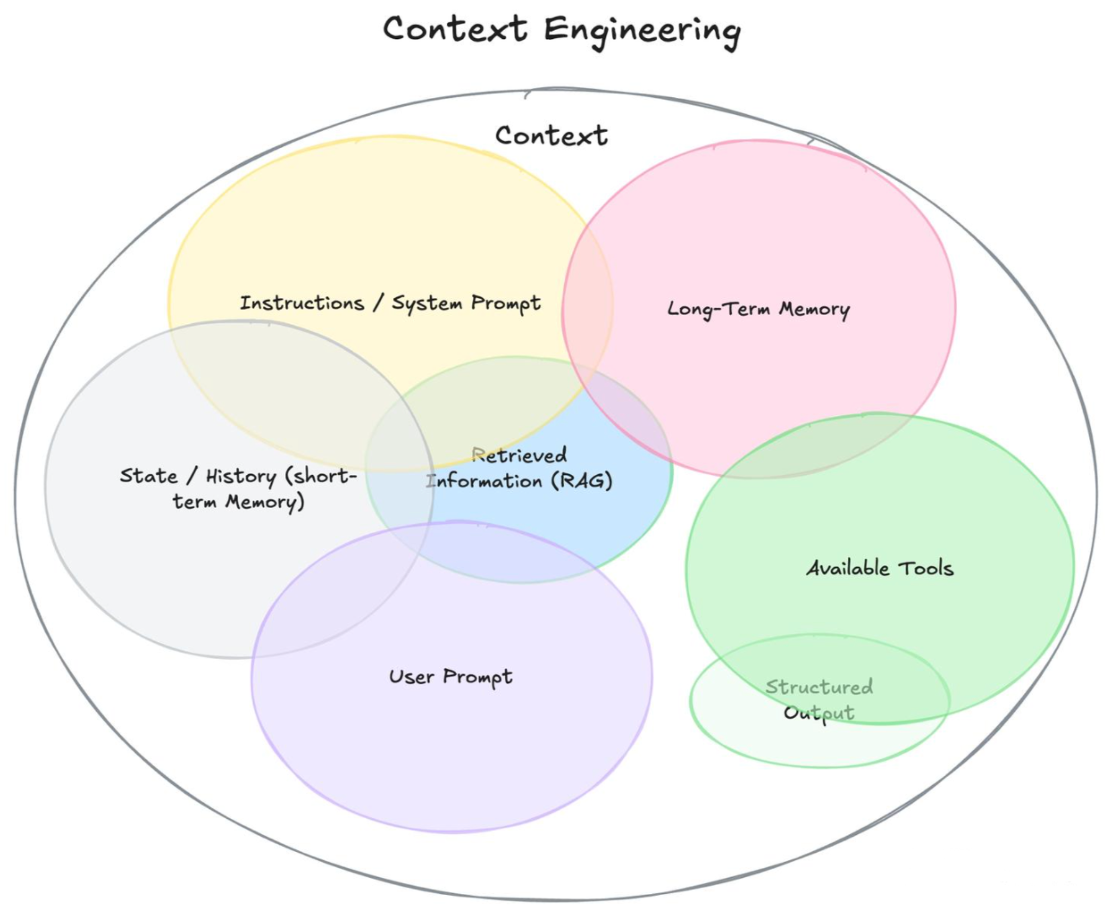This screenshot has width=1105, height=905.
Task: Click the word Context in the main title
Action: click(x=455, y=29)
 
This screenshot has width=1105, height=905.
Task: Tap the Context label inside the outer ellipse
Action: click(x=551, y=136)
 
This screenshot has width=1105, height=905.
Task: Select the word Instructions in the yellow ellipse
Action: click(x=302, y=303)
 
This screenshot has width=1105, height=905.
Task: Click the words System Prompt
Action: click(x=466, y=303)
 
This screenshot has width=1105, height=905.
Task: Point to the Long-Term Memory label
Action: click(x=758, y=309)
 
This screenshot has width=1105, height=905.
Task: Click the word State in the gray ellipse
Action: click(x=149, y=476)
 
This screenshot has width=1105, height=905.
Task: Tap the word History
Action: click(x=241, y=477)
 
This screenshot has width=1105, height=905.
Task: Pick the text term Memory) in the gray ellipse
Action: click(x=238, y=502)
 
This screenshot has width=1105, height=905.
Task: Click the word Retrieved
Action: click(x=519, y=455)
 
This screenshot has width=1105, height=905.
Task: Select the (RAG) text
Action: click(x=581, y=480)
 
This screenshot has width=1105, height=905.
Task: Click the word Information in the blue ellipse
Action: click(x=484, y=481)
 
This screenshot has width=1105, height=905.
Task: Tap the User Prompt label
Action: click(x=451, y=677)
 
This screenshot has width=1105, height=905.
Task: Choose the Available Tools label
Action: click(x=880, y=568)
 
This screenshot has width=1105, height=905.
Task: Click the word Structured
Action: click(x=819, y=687)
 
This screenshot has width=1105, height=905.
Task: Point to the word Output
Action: click(x=819, y=712)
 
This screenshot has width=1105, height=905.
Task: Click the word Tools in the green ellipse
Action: click(x=926, y=568)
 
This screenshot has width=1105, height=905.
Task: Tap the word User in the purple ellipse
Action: click(x=411, y=676)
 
